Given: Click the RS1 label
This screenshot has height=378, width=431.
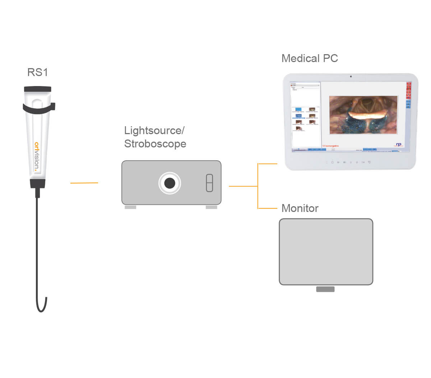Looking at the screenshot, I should click(x=37, y=72).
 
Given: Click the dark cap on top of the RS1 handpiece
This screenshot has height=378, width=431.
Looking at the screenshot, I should click(x=38, y=89).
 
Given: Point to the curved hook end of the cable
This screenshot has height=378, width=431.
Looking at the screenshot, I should click(x=42, y=307).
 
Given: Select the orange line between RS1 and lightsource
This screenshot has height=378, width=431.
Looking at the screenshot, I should click(x=84, y=183).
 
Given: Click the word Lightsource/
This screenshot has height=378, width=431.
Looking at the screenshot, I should click(x=154, y=131).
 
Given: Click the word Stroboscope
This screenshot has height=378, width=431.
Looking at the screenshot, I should click(x=155, y=144).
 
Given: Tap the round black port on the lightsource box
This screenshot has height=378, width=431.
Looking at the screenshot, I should click(x=170, y=183).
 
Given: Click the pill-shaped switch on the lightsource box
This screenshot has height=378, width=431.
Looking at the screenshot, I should click(x=209, y=183).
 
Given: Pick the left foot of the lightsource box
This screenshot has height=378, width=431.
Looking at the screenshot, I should click(x=130, y=207).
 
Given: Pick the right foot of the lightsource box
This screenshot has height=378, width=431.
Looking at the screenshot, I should click(x=211, y=207).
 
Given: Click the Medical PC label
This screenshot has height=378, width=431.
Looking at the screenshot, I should click(x=310, y=58).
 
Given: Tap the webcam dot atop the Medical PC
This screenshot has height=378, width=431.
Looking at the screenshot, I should click(x=351, y=76).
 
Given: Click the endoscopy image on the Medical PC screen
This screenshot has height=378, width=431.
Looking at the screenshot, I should click(x=363, y=115).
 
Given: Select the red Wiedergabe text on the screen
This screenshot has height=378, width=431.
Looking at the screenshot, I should click(x=330, y=146).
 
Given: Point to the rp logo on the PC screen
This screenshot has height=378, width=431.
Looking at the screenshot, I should click(x=399, y=145).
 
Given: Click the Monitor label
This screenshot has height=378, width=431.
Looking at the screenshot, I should click(x=300, y=208).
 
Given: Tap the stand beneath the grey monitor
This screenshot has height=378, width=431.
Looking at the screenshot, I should click(x=325, y=289).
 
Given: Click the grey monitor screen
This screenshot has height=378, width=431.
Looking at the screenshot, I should click(x=326, y=252).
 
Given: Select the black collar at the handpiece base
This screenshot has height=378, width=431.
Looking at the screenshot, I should click(x=38, y=184).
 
